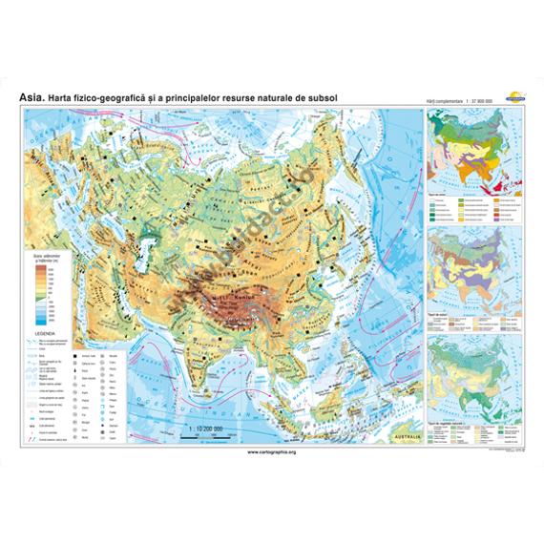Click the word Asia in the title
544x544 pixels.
(31, 94)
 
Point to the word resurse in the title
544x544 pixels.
(225, 94)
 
